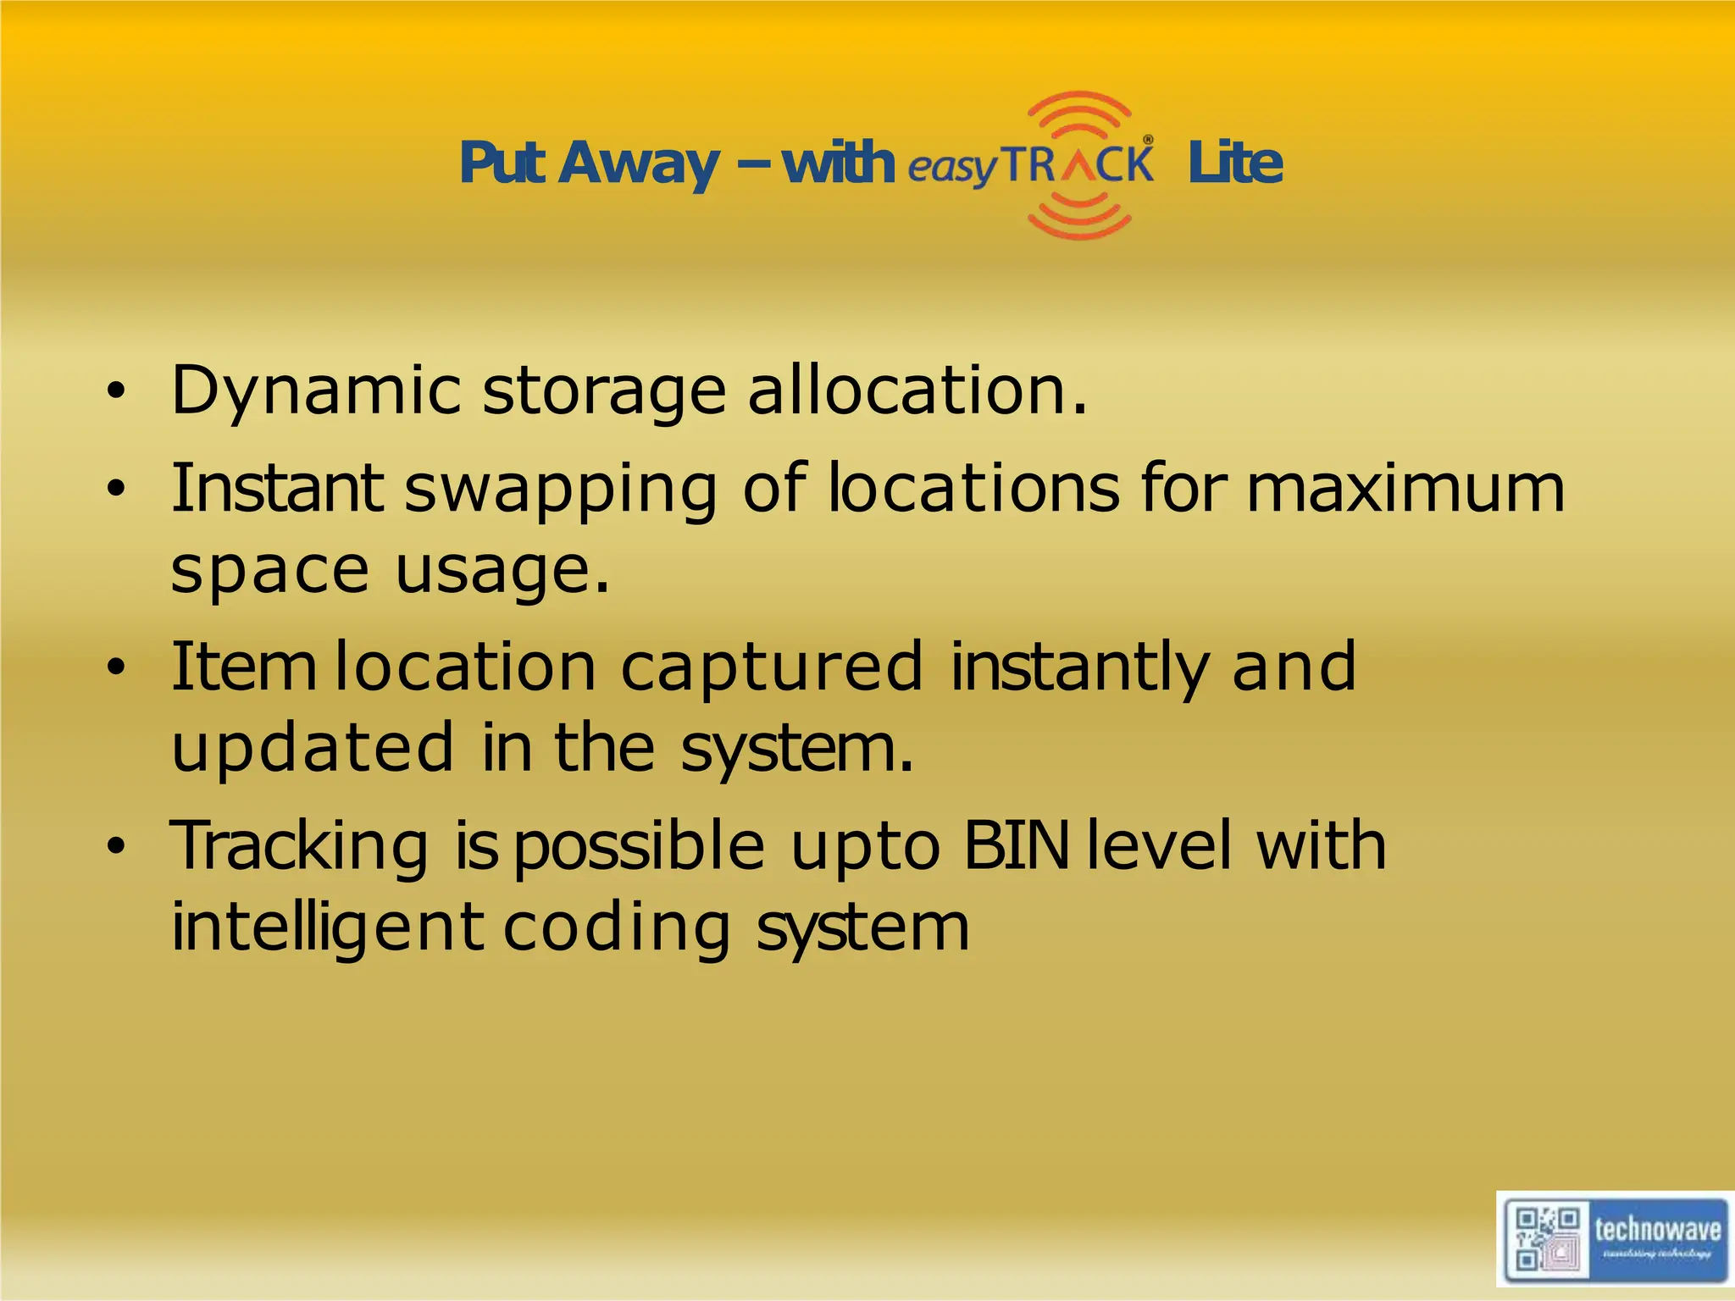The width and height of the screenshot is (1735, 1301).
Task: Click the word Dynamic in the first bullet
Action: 315,391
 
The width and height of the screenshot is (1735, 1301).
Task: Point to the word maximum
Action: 1405,488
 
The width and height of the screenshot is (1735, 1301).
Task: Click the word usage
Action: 502,571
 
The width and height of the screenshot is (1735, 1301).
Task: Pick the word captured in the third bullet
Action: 771,667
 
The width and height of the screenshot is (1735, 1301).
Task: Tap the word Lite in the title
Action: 1234,163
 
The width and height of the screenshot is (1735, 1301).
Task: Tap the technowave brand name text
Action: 1657,1229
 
